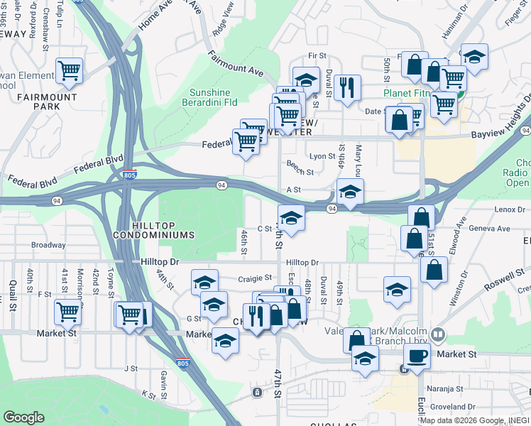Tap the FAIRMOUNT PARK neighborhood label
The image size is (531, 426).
tap(58, 100)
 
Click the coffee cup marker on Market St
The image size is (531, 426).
tap(417, 356)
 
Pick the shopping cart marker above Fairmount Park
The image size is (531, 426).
tap(70, 70)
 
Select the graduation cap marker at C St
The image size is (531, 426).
tap(291, 217)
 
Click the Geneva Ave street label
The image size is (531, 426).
tap(493, 229)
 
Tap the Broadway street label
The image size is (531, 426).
tap(48, 245)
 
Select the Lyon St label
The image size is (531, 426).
tap(322, 156)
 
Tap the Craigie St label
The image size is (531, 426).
tap(255, 278)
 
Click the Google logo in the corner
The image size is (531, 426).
tap(23, 417)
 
